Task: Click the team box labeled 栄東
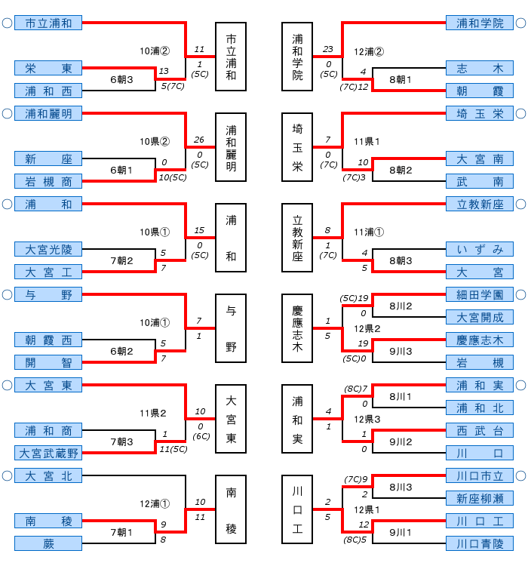[x=48, y=69]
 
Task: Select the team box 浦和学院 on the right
[x=480, y=23]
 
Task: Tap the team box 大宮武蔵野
[x=48, y=454]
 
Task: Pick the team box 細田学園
[x=480, y=294]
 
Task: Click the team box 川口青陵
[x=480, y=544]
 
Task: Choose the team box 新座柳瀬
[x=480, y=498]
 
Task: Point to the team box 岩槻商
[x=48, y=181]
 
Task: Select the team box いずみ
[x=480, y=249]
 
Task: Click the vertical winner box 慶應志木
[x=297, y=328]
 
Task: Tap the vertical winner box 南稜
[x=231, y=509]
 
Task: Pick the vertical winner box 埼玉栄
[x=297, y=147]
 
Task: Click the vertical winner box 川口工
[x=297, y=509]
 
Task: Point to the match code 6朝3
[x=121, y=79]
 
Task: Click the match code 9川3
[x=401, y=351]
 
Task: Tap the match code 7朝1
[x=121, y=532]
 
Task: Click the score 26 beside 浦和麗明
[x=199, y=140]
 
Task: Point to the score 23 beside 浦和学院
[x=327, y=49]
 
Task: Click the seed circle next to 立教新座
[x=520, y=205]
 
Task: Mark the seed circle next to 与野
[x=7, y=295]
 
